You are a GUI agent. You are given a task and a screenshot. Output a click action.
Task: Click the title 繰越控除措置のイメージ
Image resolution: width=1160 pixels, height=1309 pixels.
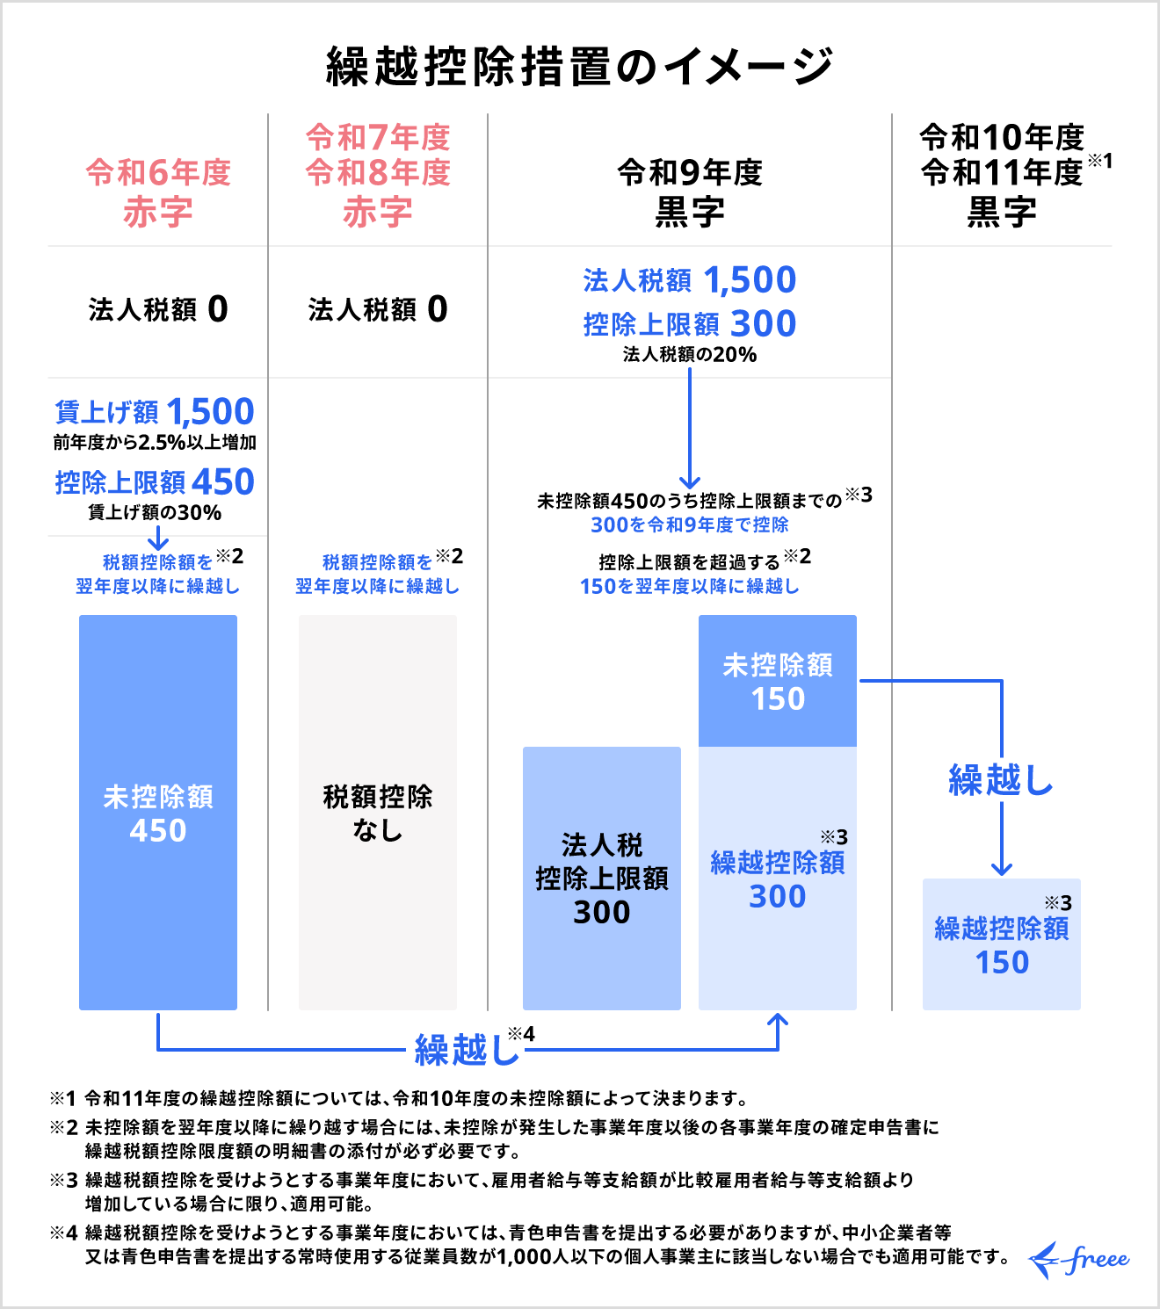coord(579,66)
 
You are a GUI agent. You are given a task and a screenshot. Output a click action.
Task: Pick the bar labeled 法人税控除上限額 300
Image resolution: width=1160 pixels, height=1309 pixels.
coord(602,879)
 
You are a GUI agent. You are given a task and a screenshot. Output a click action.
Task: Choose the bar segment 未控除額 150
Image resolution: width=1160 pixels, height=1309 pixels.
coord(778,681)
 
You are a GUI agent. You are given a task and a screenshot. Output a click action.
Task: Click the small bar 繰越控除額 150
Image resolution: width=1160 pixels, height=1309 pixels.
coord(1002,944)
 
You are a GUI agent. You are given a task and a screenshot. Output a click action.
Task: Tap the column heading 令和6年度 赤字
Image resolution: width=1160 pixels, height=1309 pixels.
coord(158,192)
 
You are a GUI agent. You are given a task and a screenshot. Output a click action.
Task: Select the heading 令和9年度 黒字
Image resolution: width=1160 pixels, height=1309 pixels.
coord(690,192)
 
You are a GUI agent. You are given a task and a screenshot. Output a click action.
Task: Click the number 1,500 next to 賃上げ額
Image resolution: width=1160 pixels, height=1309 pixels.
coord(210,411)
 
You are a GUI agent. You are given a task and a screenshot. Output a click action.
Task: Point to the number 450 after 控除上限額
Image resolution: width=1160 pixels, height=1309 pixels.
coord(223,481)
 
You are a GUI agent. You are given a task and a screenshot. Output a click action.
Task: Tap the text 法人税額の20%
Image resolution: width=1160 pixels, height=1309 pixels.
coord(690,354)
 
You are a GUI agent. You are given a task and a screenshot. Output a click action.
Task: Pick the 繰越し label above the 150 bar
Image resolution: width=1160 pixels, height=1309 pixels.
coord(1001,779)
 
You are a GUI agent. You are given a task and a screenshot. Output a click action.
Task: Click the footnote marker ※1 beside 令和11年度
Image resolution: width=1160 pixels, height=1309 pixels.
coord(1099,161)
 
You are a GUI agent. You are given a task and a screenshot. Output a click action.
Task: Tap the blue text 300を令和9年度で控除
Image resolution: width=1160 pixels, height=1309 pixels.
coord(690,524)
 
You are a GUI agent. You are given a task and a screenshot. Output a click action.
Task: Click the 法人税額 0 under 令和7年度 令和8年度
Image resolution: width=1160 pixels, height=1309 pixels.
coord(378,309)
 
